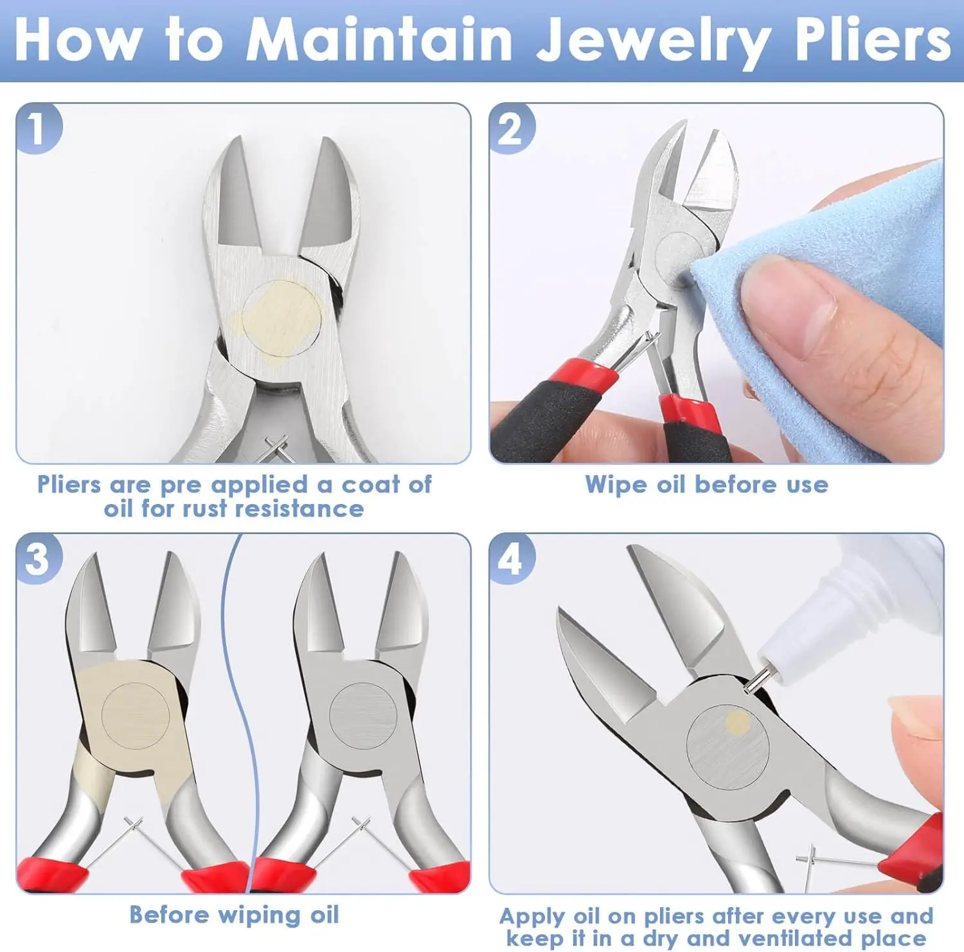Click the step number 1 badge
click(39, 129)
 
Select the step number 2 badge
click(512, 129)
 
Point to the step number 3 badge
click(39, 559)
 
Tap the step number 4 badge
click(512, 559)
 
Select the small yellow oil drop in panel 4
click(737, 723)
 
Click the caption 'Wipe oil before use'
click(706, 485)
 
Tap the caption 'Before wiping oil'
click(234, 915)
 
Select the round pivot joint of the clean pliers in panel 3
click(363, 715)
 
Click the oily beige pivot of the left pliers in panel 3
click(136, 715)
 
